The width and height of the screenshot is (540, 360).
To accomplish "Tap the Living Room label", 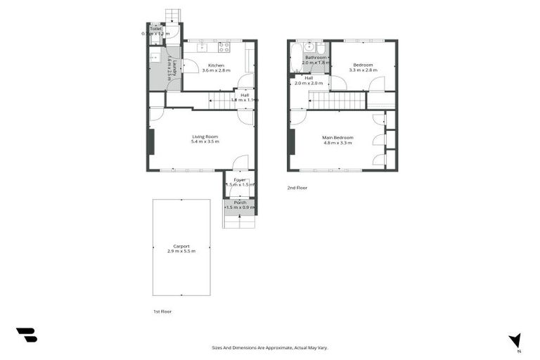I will pyautogui.click(x=205, y=136).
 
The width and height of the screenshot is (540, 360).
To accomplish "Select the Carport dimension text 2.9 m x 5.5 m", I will pyautogui.click(x=181, y=251).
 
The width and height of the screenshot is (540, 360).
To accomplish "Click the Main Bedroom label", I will pyautogui.click(x=337, y=137).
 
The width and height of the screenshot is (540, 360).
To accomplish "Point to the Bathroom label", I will pyautogui.click(x=316, y=57).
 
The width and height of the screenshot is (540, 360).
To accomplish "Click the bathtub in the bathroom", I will pyautogui.click(x=295, y=57).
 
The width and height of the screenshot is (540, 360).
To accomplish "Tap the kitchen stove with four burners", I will pyautogui.click(x=224, y=47).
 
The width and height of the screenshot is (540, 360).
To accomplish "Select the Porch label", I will pyautogui.click(x=240, y=202).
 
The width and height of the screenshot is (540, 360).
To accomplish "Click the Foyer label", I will pyautogui.click(x=240, y=179).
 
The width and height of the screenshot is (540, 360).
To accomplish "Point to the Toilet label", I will pyautogui.click(x=155, y=29).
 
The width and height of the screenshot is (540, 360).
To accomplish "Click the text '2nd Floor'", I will pyautogui.click(x=297, y=188).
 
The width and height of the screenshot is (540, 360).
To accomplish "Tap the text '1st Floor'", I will pyautogui.click(x=162, y=311).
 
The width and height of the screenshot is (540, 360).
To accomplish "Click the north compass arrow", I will pyautogui.click(x=515, y=340).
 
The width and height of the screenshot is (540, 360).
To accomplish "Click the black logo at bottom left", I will pyautogui.click(x=26, y=335).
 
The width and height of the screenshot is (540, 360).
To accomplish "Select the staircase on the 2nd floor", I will pyautogui.click(x=337, y=101).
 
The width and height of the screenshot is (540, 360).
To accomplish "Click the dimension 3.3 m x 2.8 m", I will pyautogui.click(x=364, y=70).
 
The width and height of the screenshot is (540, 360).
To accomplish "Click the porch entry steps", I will pyautogui.click(x=239, y=221).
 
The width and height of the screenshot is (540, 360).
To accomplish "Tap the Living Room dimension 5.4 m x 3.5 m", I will pyautogui.click(x=205, y=142).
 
